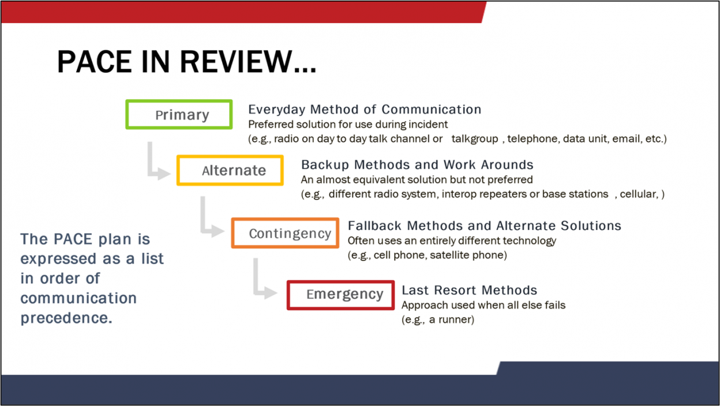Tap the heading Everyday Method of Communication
pos(365,109)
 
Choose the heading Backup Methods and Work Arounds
pos(417,165)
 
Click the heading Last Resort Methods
pos(469,290)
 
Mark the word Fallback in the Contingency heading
pos(374,226)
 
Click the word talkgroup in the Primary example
pos(475,139)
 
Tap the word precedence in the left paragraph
pos(66,318)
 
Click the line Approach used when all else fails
pos(483,305)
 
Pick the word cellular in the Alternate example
pos(639,194)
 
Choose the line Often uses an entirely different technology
pos(452,241)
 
